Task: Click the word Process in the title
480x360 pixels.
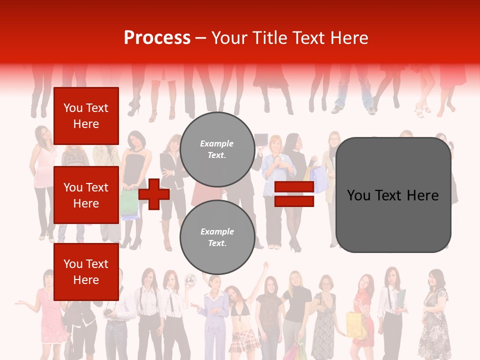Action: coord(157,38)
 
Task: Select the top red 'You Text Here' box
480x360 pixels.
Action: coord(86,116)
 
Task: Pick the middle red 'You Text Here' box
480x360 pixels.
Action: coord(86,195)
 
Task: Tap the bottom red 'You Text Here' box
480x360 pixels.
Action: coord(86,272)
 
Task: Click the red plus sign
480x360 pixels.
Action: coord(154,194)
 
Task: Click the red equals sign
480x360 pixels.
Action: coord(294,194)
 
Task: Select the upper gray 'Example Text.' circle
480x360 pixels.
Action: coord(217,149)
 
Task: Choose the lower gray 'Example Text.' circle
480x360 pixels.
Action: coord(217,237)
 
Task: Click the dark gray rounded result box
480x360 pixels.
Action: coord(393,194)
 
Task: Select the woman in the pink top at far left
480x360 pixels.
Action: coord(46,165)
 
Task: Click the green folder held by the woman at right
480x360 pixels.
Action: coord(401,300)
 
